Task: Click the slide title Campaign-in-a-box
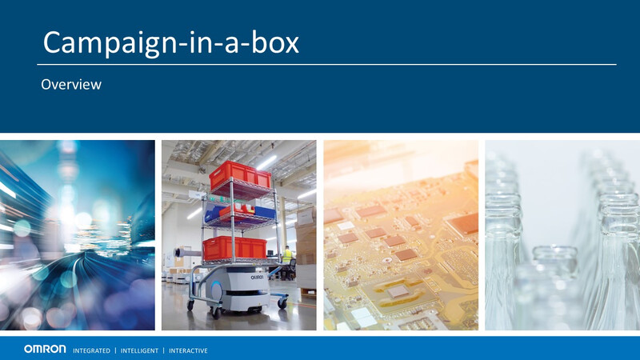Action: (x=171, y=43)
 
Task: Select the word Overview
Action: (x=71, y=85)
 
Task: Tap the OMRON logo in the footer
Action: (x=45, y=349)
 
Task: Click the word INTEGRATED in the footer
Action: (x=91, y=350)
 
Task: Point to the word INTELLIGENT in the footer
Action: (x=139, y=350)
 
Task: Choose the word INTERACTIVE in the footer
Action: (x=188, y=350)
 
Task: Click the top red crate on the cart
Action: (x=240, y=175)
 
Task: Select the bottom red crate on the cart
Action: (x=234, y=248)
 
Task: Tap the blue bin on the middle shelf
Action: (x=265, y=213)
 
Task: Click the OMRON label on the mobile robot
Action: (x=257, y=277)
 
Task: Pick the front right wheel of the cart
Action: (x=282, y=303)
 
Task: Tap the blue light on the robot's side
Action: (x=216, y=290)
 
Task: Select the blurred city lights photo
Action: (x=77, y=235)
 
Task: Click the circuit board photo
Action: (x=401, y=235)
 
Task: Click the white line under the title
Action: (x=326, y=65)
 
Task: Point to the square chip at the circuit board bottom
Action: (x=398, y=291)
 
